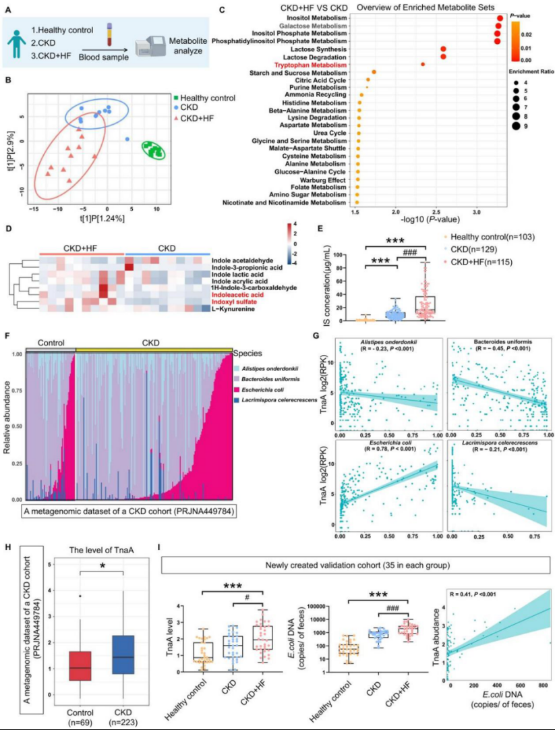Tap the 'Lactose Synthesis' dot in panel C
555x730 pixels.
click(443, 49)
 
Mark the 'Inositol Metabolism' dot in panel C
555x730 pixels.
click(499, 19)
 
